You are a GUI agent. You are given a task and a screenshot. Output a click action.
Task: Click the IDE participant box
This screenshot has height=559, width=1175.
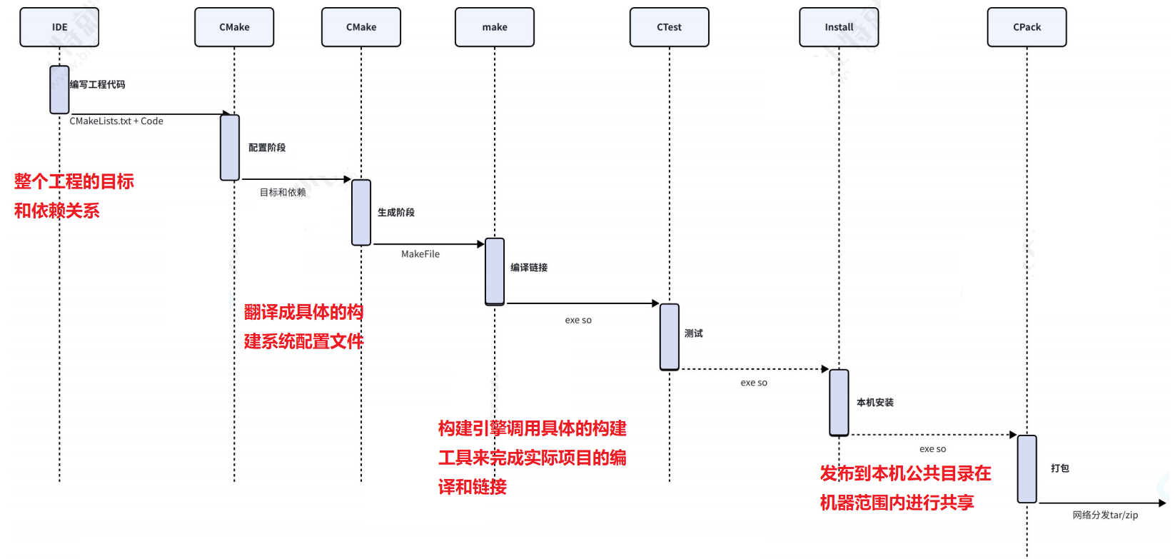[59, 27]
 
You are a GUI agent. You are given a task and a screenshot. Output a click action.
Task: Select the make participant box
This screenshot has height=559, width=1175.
[495, 27]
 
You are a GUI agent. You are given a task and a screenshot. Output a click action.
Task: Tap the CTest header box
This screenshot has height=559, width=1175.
[669, 27]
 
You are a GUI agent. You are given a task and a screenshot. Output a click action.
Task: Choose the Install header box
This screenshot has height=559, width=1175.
[839, 27]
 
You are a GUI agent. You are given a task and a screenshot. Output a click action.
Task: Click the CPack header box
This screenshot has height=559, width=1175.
[1027, 27]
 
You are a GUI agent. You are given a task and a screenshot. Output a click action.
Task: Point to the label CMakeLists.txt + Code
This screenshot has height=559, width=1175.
[116, 121]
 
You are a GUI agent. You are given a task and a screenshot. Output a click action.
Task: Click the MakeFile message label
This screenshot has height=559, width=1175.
[420, 254]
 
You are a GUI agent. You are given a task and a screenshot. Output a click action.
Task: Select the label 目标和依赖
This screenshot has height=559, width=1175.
[283, 193]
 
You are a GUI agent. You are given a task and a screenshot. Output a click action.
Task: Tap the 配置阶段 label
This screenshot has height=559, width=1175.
[267, 148]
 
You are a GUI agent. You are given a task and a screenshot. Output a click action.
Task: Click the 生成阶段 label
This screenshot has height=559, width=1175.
[396, 213]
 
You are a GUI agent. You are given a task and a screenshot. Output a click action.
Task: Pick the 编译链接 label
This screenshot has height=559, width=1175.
[529, 268]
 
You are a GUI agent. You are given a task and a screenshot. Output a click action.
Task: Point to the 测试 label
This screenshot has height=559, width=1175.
[694, 333]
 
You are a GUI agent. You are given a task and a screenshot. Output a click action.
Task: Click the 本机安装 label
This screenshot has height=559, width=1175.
[875, 403]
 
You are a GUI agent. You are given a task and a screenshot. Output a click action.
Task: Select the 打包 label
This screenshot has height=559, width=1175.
[1060, 468]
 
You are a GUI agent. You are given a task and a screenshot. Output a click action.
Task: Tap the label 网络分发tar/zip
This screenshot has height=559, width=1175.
[1105, 515]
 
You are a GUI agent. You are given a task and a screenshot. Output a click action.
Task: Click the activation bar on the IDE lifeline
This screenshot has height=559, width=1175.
[59, 90]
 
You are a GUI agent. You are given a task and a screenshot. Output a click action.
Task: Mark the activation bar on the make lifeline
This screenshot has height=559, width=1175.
[495, 271]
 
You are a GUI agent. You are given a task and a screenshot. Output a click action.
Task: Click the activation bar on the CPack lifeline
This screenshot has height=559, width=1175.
[1027, 469]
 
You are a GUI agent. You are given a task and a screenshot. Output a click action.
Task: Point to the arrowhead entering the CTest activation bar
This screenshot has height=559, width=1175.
[655, 303]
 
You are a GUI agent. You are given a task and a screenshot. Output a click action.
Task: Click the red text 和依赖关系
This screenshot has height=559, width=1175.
[57, 211]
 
